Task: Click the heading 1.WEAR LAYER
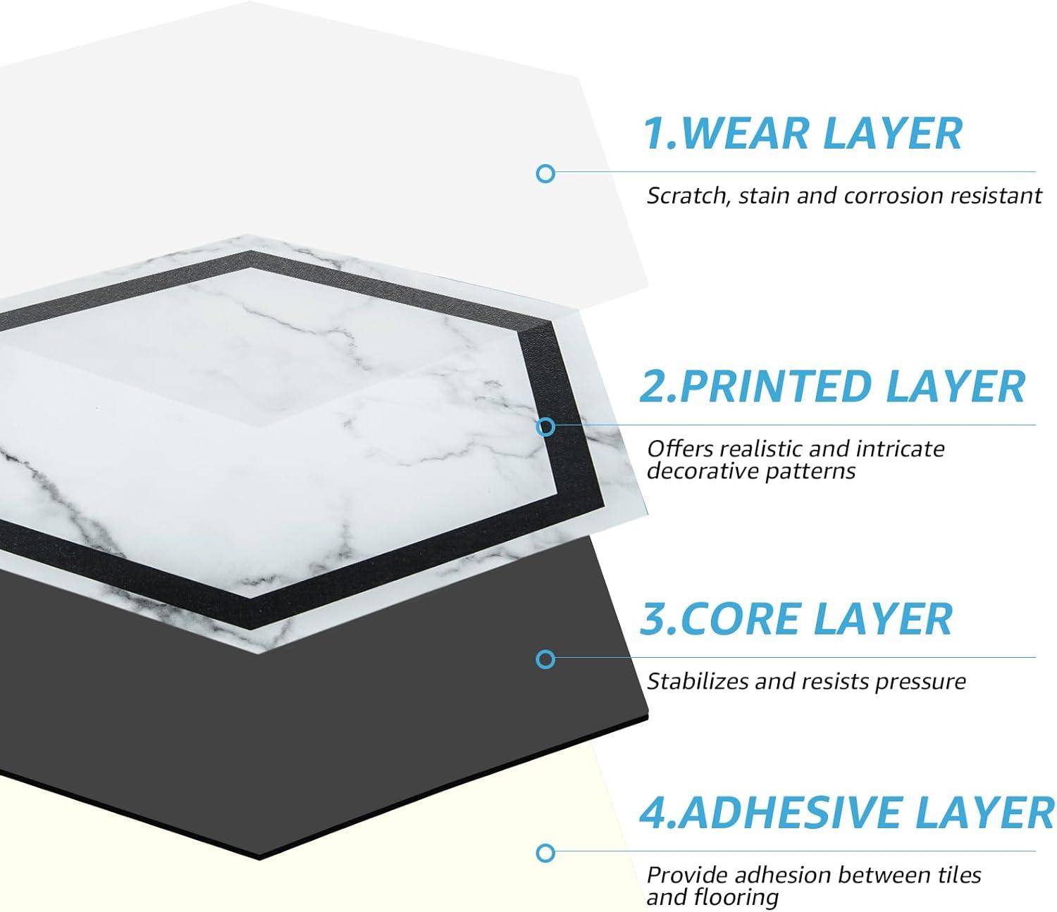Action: (x=803, y=133)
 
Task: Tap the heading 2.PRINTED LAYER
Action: (x=832, y=387)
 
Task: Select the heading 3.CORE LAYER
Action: (x=796, y=619)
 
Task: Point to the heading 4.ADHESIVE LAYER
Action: (x=846, y=812)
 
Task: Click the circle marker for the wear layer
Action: (x=545, y=174)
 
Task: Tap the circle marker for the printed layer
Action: (x=545, y=427)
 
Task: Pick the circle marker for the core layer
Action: (x=545, y=659)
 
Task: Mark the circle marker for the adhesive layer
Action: (x=545, y=854)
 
